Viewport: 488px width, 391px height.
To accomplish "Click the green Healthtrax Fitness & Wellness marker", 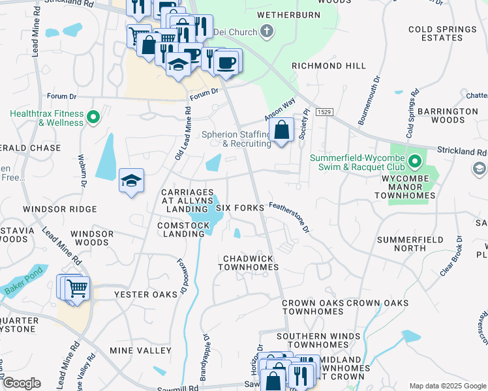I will click(x=93, y=118).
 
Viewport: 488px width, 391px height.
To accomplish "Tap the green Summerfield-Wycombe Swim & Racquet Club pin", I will click(x=415, y=160).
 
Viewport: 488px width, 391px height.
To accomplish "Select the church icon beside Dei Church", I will click(x=266, y=30).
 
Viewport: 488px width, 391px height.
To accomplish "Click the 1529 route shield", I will click(x=324, y=113).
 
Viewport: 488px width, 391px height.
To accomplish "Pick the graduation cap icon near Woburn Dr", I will click(x=131, y=181).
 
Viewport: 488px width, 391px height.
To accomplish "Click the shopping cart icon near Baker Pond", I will click(x=77, y=287).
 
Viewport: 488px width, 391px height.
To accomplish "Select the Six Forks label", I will click(x=239, y=208).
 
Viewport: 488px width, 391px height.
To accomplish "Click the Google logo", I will click(x=21, y=383).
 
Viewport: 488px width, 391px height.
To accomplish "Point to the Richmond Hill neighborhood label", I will click(x=329, y=66).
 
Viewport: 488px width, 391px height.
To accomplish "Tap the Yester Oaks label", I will click(x=145, y=295).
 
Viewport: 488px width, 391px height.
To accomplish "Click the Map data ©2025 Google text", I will click(x=447, y=385).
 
